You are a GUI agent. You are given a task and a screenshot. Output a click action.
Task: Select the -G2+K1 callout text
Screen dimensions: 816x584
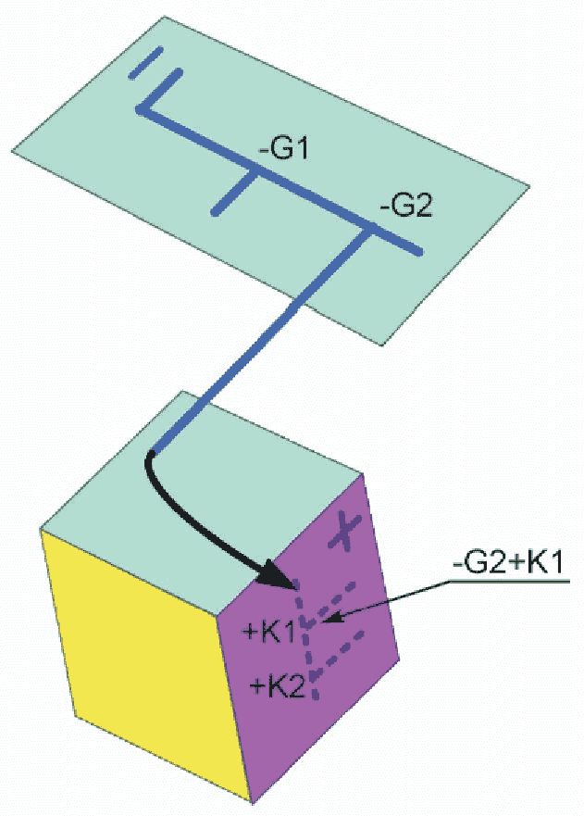506,562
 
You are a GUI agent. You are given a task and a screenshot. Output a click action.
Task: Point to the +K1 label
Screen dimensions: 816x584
267,633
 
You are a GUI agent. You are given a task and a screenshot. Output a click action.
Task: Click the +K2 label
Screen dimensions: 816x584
278,686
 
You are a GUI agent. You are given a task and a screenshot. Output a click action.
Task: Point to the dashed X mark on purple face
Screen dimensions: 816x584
343,535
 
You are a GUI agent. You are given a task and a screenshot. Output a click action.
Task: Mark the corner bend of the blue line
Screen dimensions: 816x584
141,110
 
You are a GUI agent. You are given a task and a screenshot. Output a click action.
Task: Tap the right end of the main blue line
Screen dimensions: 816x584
420,252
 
